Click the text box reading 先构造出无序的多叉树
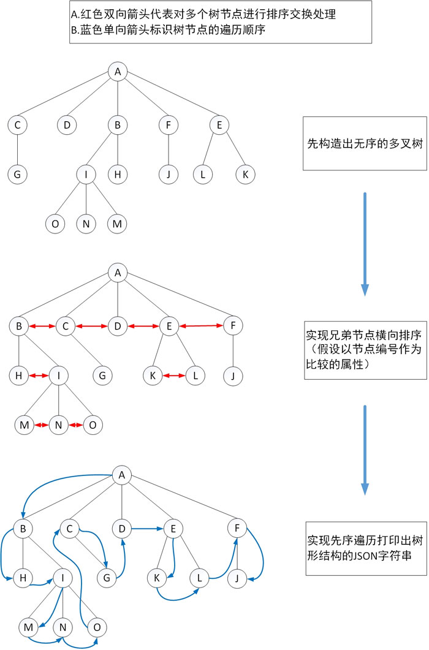click(364, 144)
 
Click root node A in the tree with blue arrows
click(121, 474)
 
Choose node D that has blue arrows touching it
click(121, 527)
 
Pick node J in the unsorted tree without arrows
click(167, 175)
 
